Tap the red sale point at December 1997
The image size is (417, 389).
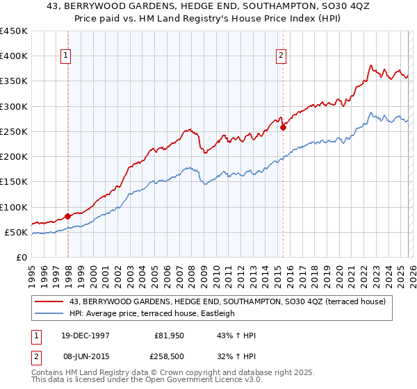(68, 216)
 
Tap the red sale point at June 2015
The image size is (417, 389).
(284, 127)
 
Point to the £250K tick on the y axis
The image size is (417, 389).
(14, 131)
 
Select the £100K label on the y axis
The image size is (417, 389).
(14, 207)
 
